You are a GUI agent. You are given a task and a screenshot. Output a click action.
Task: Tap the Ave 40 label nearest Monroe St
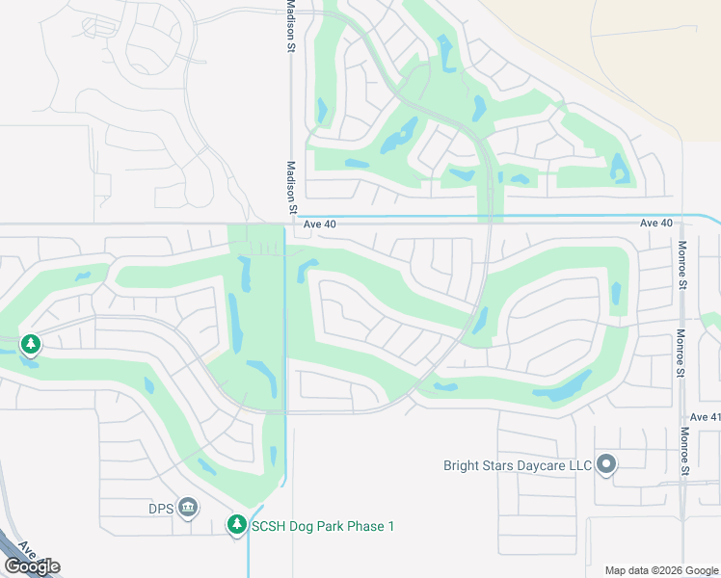[655, 223]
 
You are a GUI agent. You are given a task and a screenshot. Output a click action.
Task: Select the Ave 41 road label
[705, 417]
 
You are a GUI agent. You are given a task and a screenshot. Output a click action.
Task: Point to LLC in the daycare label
[578, 466]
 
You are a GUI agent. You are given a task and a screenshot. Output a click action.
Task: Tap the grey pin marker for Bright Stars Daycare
[606, 465]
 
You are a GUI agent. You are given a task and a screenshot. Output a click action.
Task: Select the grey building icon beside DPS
[188, 507]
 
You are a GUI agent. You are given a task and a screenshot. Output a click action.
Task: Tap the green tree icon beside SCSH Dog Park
[236, 525]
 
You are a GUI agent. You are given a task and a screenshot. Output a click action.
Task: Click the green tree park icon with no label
[31, 344]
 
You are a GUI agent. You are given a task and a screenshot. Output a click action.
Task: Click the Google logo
[32, 566]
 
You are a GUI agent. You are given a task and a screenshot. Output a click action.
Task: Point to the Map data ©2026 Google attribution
[661, 570]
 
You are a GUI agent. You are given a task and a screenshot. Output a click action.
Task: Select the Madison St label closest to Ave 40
[290, 187]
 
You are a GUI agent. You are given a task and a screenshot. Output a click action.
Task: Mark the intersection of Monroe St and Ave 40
[681, 223]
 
